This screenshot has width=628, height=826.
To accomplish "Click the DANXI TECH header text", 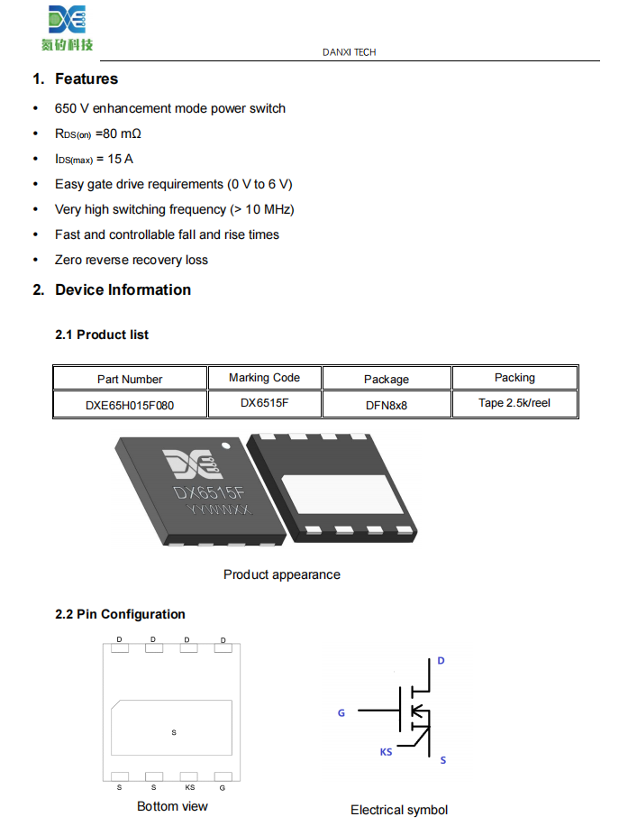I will pyautogui.click(x=350, y=52).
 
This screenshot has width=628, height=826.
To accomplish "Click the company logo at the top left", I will pyautogui.click(x=67, y=27).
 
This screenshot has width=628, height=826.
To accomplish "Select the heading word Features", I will pyautogui.click(x=86, y=79).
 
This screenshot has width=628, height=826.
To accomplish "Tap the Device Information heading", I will pyautogui.click(x=123, y=290).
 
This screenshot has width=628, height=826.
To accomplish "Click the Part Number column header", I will pyautogui.click(x=130, y=380).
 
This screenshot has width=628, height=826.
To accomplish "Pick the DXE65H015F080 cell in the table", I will pyautogui.click(x=130, y=406).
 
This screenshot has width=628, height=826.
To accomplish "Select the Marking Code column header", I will pyautogui.click(x=264, y=378).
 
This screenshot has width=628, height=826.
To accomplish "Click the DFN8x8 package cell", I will pyautogui.click(x=386, y=406).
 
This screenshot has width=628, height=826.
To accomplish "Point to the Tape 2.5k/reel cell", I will pyautogui.click(x=514, y=403).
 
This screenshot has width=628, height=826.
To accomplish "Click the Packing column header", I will pyautogui.click(x=514, y=378).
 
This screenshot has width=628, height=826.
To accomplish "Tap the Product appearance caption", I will pyautogui.click(x=282, y=574).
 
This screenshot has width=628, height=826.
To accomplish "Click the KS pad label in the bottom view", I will pyautogui.click(x=189, y=787).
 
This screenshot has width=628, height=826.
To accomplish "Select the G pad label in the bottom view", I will pyautogui.click(x=223, y=787).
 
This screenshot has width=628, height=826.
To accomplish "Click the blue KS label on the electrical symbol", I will pyautogui.click(x=386, y=751).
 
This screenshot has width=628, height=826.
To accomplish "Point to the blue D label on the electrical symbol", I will pyautogui.click(x=441, y=661).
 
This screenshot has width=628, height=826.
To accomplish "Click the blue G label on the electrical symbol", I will pyautogui.click(x=341, y=713).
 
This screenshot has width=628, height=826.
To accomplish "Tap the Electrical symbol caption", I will pyautogui.click(x=399, y=810).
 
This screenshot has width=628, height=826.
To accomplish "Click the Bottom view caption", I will pyautogui.click(x=172, y=806).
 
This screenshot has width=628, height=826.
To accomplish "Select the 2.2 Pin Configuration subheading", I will pyautogui.click(x=120, y=614).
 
